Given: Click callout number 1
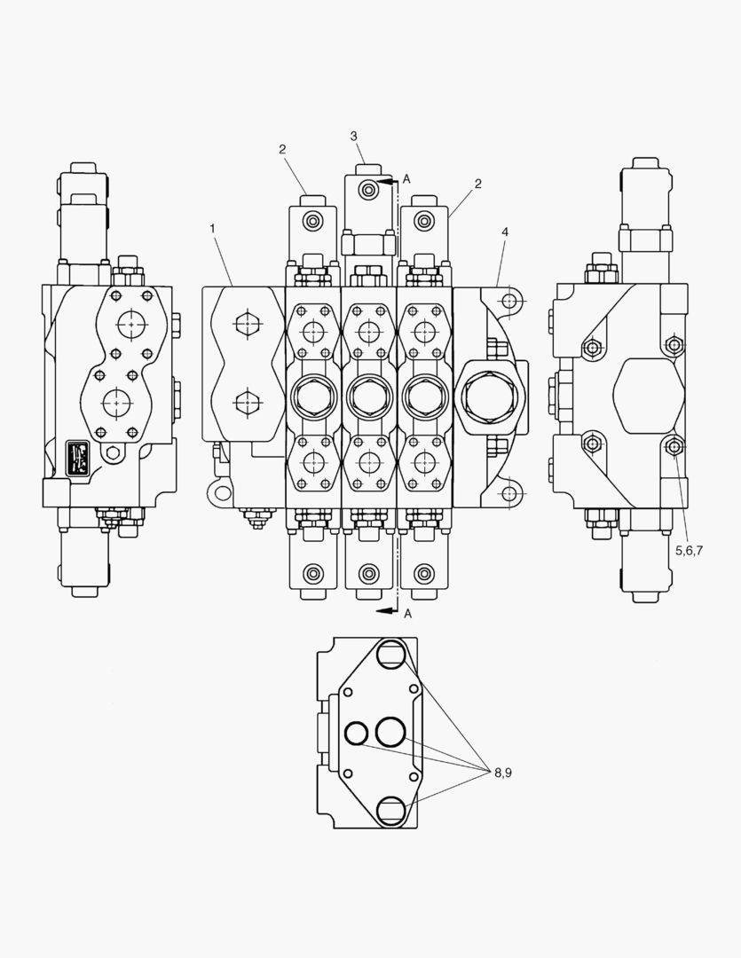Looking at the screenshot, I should pyautogui.click(x=212, y=229).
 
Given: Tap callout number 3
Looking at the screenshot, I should pyautogui.click(x=353, y=136).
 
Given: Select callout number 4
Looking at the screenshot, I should pyautogui.click(x=504, y=232).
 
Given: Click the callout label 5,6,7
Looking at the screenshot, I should pyautogui.click(x=689, y=550).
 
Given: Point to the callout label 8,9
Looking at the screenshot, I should pyautogui.click(x=503, y=773).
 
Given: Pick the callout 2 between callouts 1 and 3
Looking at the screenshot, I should pyautogui.click(x=282, y=149).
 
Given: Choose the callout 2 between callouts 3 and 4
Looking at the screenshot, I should pyautogui.click(x=477, y=184).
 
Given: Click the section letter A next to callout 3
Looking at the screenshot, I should pyautogui.click(x=406, y=179).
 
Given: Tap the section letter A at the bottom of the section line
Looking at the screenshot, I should pyautogui.click(x=406, y=613).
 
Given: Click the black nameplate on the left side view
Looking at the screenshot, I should pyautogui.click(x=80, y=455).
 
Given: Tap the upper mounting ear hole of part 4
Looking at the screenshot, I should pyautogui.click(x=509, y=302).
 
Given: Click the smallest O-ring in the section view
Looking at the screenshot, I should pyautogui.click(x=357, y=733).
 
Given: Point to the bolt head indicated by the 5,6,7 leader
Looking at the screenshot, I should pyautogui.click(x=674, y=446).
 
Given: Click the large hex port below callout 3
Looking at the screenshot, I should pyautogui.click(x=368, y=396).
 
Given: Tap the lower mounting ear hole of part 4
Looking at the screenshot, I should pyautogui.click(x=509, y=492).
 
